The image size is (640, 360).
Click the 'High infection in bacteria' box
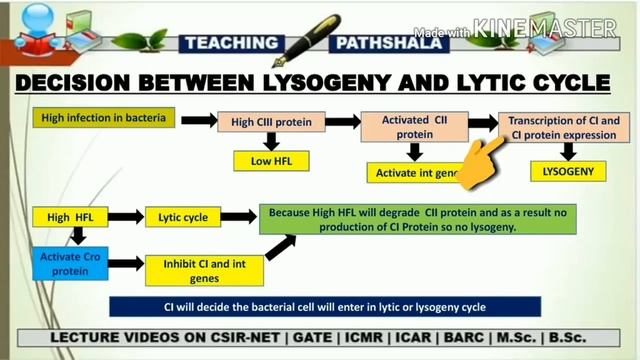point(105,118)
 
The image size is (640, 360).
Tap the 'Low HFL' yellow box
point(270,161)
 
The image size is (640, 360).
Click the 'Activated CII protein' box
point(413,127)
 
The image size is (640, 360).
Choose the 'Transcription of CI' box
point(565,127)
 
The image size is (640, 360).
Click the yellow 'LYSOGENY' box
point(568,171)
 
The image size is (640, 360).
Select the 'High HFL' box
point(69,217)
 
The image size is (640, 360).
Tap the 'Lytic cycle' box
point(182,217)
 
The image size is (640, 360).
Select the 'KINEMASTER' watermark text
point(545,28)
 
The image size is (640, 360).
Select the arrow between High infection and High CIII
point(198,120)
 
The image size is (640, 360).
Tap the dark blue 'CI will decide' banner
point(325,306)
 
